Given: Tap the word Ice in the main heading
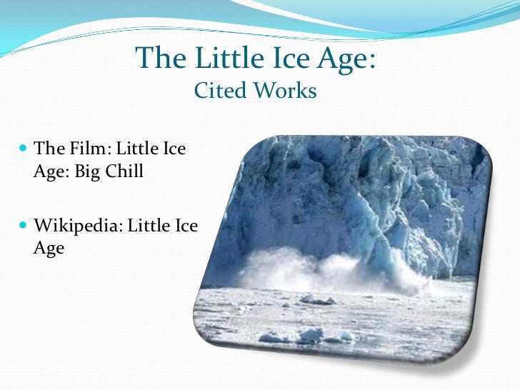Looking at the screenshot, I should [286, 59].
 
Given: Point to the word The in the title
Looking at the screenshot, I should [159, 59].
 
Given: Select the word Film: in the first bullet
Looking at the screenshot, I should [89, 149].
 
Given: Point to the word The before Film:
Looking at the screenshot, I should [49, 149].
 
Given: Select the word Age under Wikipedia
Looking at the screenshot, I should [49, 249].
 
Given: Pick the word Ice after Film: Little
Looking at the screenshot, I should [172, 149].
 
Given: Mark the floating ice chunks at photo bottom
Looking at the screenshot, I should [307, 334].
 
